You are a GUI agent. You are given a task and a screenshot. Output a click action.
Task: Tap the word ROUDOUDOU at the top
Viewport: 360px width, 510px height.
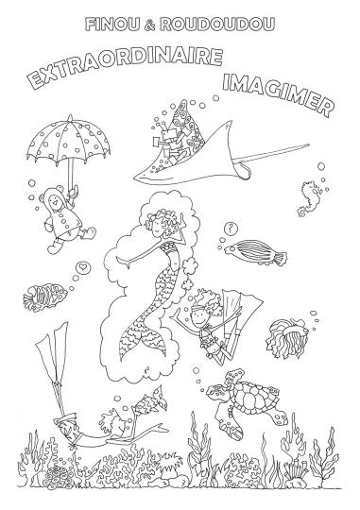216,25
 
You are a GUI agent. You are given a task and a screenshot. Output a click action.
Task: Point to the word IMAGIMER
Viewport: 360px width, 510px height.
279,93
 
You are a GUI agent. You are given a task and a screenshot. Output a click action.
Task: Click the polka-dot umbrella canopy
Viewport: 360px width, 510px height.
68,142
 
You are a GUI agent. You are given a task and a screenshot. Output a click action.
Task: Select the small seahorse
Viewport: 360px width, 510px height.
308,198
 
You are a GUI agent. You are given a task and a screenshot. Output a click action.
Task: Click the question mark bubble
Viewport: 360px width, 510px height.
231,229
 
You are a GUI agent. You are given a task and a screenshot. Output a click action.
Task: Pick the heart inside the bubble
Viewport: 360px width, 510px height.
83,268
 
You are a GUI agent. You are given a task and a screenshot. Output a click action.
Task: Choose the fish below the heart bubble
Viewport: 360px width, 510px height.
44,297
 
